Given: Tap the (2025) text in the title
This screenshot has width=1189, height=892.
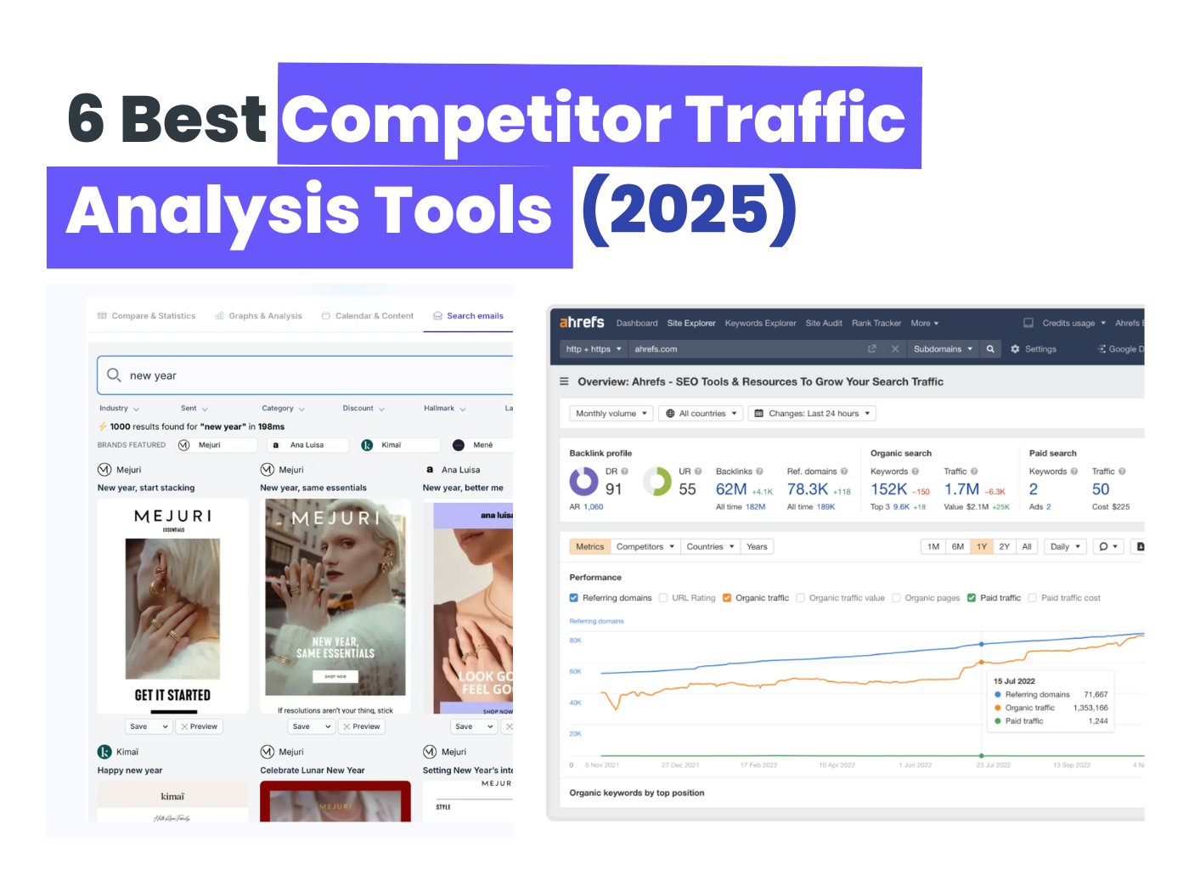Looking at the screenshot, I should point(689,210).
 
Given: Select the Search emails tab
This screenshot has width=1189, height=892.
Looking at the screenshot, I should point(468,316).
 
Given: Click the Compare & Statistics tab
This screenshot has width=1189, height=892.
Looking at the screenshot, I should point(146,316).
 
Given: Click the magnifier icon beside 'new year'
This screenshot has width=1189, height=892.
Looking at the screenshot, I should point(114,375).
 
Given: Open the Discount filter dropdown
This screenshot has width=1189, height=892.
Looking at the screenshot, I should point(363,409).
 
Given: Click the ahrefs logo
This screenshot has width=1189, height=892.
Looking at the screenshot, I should point(582,323).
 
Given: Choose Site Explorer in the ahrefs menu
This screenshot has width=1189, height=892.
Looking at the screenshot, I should point(691,324).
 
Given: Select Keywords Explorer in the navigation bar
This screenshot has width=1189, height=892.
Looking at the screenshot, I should point(760,324).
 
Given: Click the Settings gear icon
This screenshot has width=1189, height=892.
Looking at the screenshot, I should point(1015,349).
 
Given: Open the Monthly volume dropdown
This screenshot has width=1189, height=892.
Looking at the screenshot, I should point(611,414).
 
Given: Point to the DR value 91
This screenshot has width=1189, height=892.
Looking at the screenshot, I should point(613,489).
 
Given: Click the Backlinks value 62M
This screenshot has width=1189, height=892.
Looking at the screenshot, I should point(730,489).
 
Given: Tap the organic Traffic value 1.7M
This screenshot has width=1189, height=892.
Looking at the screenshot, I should point(961,489).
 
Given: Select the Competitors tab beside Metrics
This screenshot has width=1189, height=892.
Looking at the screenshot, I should point(645,547).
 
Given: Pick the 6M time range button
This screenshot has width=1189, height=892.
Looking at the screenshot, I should point(957,547).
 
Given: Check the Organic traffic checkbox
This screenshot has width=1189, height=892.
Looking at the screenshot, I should point(727,598).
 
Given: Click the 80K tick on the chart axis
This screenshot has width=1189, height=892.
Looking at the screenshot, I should point(575,641).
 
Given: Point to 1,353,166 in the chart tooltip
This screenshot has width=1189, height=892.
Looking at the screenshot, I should point(1090,708).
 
